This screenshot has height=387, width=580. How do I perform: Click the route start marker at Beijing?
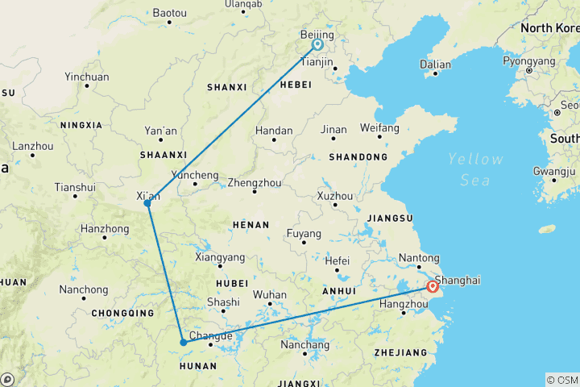[317, 44]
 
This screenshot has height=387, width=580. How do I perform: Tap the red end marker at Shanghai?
[433, 286]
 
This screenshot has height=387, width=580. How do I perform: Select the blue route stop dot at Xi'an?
[147, 203]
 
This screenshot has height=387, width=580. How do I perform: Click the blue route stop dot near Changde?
[184, 342]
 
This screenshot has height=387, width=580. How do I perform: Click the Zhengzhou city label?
[255, 182]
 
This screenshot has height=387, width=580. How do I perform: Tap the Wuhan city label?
[270, 294]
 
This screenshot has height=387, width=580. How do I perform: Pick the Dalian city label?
[435, 64]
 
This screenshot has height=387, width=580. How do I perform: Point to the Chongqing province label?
[122, 313]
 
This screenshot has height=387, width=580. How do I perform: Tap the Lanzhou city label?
[32, 147]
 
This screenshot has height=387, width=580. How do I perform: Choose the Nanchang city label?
[304, 345]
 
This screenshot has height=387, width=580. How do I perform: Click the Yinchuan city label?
[86, 77]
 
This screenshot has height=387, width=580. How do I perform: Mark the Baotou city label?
[169, 14]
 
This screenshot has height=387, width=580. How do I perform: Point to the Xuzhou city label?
[335, 196]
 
